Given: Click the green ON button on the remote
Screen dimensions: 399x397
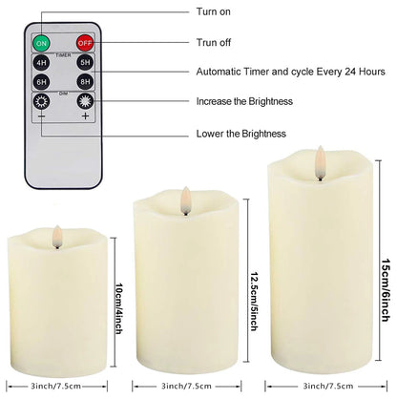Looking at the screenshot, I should click(42, 44).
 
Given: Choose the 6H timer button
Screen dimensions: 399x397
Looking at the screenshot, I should click(42, 83).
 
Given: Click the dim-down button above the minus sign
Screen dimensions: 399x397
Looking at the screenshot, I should click(42, 103).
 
